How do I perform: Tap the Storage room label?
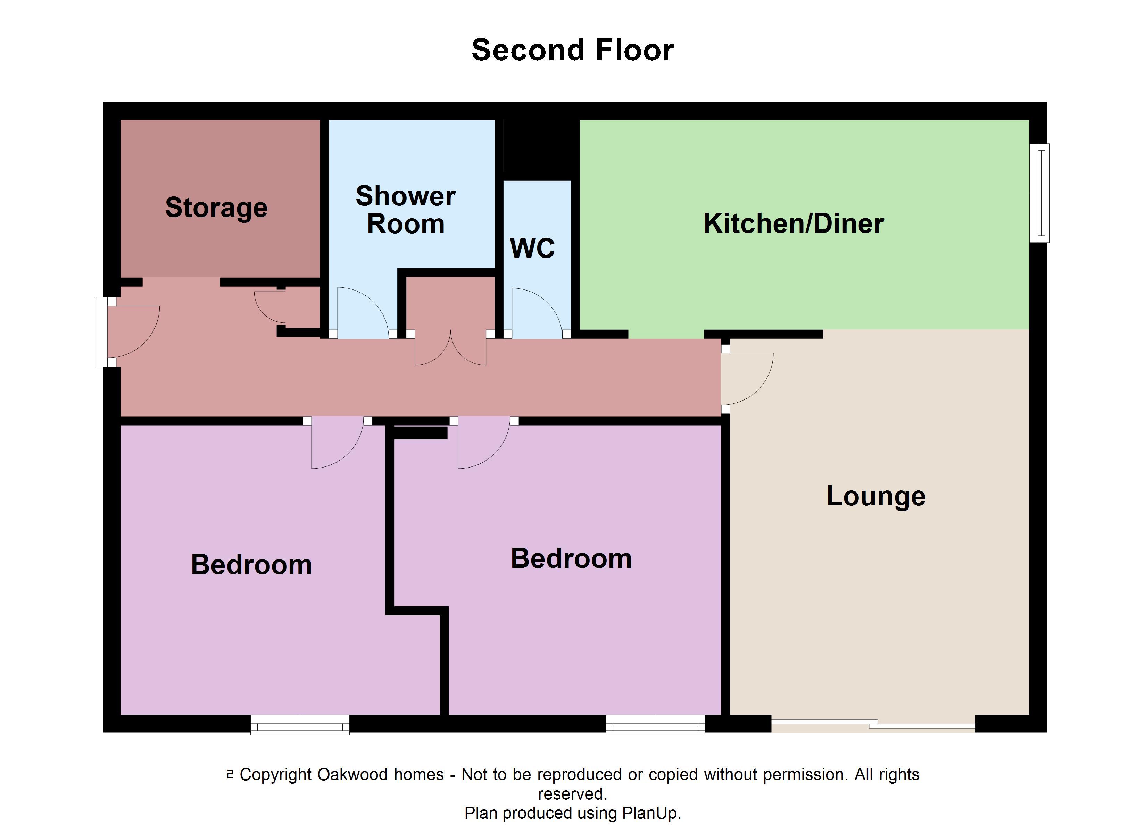(x=216, y=208)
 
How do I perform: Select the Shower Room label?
(x=405, y=210)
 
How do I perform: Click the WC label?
(x=533, y=248)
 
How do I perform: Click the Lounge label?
(x=876, y=496)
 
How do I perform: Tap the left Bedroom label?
(x=251, y=564)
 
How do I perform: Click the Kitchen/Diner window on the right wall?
(x=1040, y=193)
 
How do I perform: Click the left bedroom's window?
(x=300, y=725)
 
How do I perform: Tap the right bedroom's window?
(x=655, y=725)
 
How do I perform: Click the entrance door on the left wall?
(x=129, y=331)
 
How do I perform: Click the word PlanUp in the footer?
(x=651, y=813)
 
